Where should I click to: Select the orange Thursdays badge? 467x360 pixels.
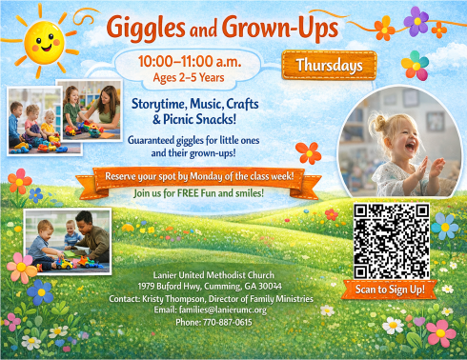[329, 66]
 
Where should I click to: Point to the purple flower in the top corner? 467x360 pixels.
[416, 19]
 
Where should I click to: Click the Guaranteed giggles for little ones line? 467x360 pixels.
[198, 138]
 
